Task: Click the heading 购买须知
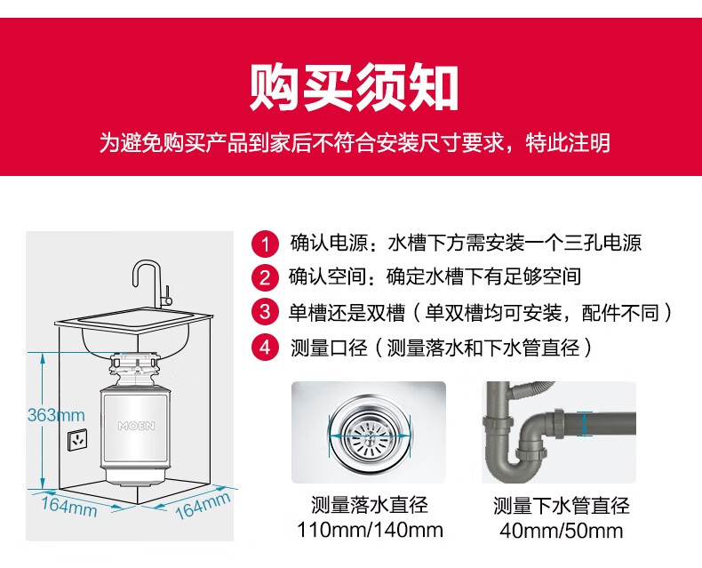pyautogui.click(x=354, y=87)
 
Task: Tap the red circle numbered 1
pyautogui.click(x=265, y=244)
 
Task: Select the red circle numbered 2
pyautogui.click(x=265, y=277)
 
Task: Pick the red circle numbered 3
pyautogui.click(x=265, y=312)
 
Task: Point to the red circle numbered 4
pyautogui.click(x=265, y=347)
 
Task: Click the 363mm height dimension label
pyautogui.click(x=56, y=415)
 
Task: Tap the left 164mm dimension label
pyautogui.click(x=69, y=507)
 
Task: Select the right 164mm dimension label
pyautogui.click(x=203, y=505)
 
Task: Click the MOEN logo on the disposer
pyautogui.click(x=136, y=426)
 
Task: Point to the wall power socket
pyautogui.click(x=77, y=439)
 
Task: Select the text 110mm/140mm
pyautogui.click(x=370, y=531)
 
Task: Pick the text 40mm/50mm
pyautogui.click(x=562, y=531)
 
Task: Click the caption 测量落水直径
pyautogui.click(x=370, y=505)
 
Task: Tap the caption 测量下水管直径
pyautogui.click(x=562, y=505)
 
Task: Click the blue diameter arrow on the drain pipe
pyautogui.click(x=584, y=424)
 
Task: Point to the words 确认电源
pyautogui.click(x=329, y=243)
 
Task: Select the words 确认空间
pyautogui.click(x=328, y=276)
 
